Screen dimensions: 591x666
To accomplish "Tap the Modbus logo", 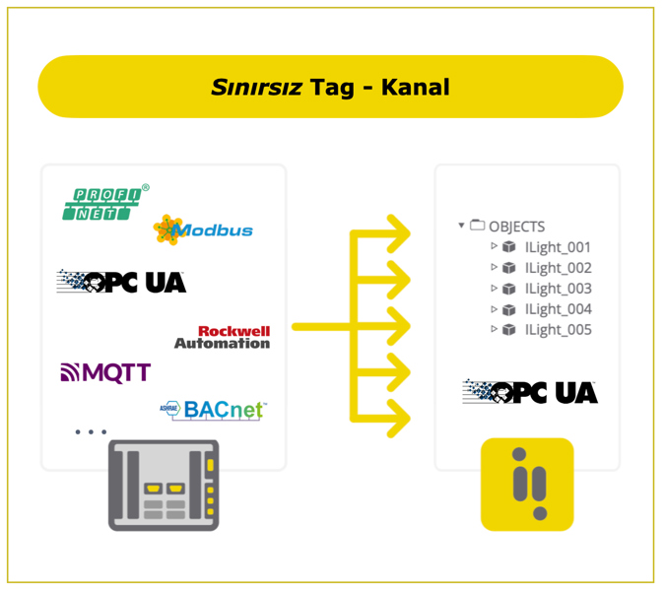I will coord(203,230).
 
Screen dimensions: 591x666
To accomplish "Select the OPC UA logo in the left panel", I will coord(121,282).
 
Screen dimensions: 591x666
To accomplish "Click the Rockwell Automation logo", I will coord(222,337).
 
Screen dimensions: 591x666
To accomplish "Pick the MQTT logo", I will coord(105,372).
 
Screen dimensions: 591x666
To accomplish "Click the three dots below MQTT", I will coord(91,431).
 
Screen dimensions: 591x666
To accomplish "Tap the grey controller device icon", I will coord(164,486).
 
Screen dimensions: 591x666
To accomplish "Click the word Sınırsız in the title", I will coord(256,88).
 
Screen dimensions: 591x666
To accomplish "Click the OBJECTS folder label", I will coord(516,227).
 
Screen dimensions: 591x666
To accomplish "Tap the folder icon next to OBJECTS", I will coord(478,226).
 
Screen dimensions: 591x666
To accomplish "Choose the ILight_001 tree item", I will coord(558,247).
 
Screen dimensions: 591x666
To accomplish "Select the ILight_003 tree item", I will coord(558,289).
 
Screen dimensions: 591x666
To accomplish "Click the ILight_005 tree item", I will coord(558,330).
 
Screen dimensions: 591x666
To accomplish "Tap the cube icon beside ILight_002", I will coord(508,268).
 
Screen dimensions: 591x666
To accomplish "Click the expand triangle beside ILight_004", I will coord(495,308).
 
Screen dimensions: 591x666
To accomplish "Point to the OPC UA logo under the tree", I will coord(530,392).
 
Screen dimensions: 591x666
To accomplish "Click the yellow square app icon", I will coord(527,485).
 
